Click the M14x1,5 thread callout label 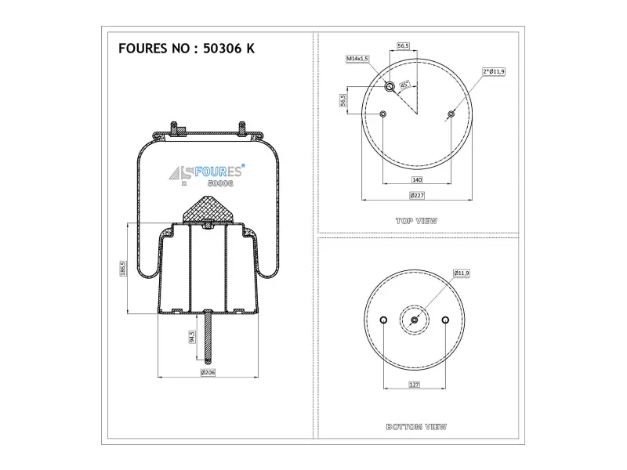point(357,59)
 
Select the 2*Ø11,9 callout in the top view point(494,71)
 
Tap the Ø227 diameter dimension point(417,195)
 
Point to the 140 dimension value point(417,180)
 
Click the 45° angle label point(404,85)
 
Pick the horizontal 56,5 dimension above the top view point(403,46)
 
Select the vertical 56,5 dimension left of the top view point(343,100)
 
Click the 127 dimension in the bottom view point(415,385)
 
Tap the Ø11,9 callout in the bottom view point(462,273)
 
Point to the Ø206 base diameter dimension point(208,373)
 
